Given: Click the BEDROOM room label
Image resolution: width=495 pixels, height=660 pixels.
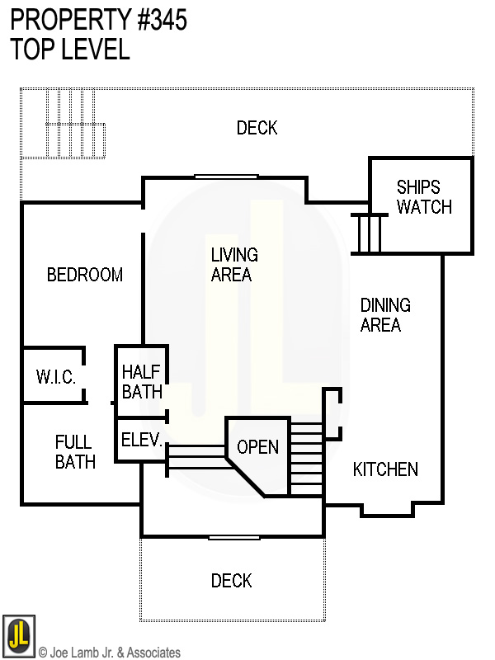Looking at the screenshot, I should (85, 275).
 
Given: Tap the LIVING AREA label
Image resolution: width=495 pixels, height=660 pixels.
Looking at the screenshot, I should (233, 265).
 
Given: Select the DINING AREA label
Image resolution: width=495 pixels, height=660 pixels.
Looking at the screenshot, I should (385, 315).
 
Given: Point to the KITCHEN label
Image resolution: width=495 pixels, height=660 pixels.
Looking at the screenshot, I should (385, 469).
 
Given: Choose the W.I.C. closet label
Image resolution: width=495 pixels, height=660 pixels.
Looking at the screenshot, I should (56, 378).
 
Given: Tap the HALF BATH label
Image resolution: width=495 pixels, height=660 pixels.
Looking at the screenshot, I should (142, 382).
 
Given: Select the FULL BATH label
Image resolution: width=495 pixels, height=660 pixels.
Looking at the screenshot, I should (75, 452).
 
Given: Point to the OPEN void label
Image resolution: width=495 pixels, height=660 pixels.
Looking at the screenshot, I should (257, 447).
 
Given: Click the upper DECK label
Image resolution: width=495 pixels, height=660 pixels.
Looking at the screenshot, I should (257, 128).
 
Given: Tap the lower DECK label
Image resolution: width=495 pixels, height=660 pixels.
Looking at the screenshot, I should (231, 581).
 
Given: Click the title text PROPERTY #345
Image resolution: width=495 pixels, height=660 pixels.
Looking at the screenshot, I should (99, 21).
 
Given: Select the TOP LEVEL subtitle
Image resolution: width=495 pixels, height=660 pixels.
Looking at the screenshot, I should (70, 49).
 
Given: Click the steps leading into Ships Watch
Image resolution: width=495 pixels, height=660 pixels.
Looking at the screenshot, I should (369, 233).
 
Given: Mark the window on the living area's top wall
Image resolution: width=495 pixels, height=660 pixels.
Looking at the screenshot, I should (225, 176).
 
